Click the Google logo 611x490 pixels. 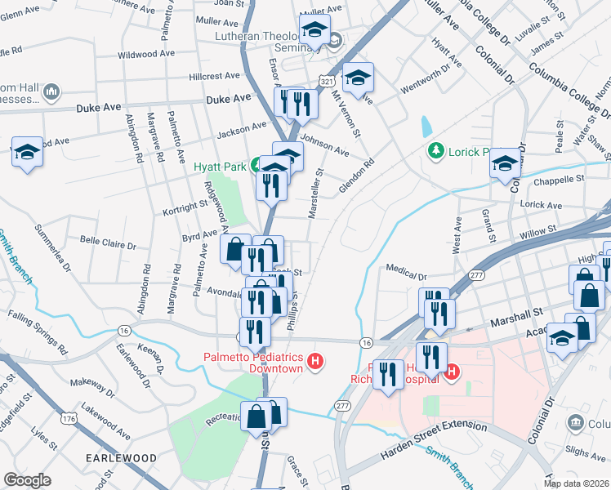(27, 479)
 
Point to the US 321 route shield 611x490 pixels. (327, 82)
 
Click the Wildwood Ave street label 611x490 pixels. (147, 55)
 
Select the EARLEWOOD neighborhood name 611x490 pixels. (118, 458)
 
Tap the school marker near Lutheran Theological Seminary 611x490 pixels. (314, 31)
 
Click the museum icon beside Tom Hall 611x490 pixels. (51, 91)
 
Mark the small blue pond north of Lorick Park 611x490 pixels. (426, 127)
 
